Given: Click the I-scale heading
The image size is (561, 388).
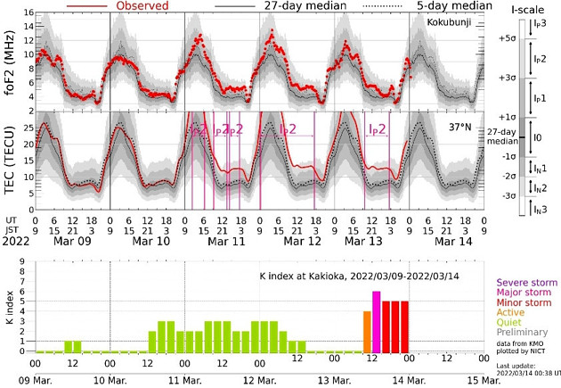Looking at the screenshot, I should tap(523, 7).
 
